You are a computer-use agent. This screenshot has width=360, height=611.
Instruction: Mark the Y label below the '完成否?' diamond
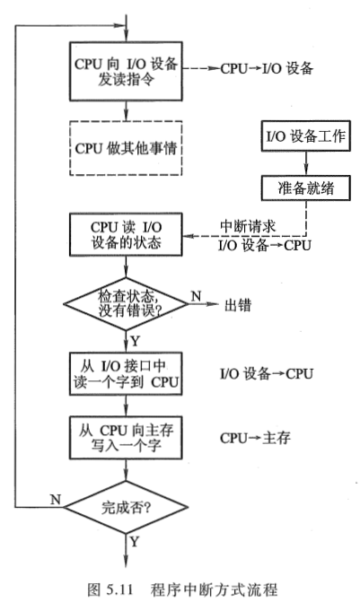pos(135,543)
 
